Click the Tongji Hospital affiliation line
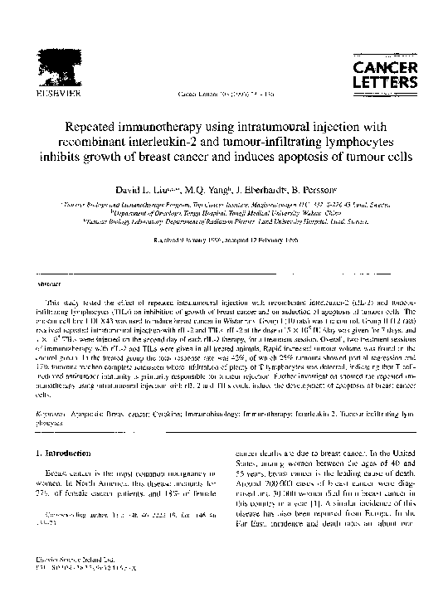[x=223, y=212]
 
